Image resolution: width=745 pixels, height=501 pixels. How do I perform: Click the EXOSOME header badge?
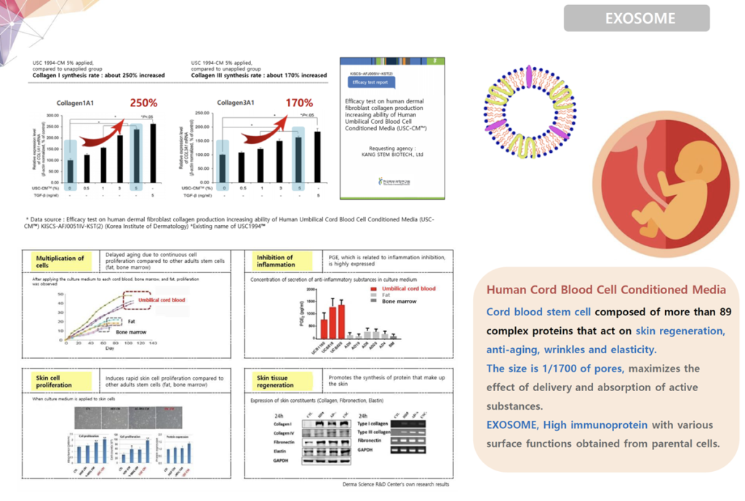coord(636,18)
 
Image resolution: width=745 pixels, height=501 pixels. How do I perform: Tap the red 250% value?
coord(144,103)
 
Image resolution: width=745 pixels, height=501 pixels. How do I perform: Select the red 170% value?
coord(299,103)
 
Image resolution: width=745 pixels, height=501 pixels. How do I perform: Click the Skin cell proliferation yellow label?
coord(60,382)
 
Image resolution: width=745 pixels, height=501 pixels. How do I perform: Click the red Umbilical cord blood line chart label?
coord(161,301)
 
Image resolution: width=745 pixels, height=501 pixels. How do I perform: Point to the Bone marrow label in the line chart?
coord(131,332)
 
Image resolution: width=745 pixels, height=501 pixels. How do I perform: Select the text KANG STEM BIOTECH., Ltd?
coord(391,154)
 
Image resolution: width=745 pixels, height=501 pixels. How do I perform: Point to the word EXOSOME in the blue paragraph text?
coord(516,425)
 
